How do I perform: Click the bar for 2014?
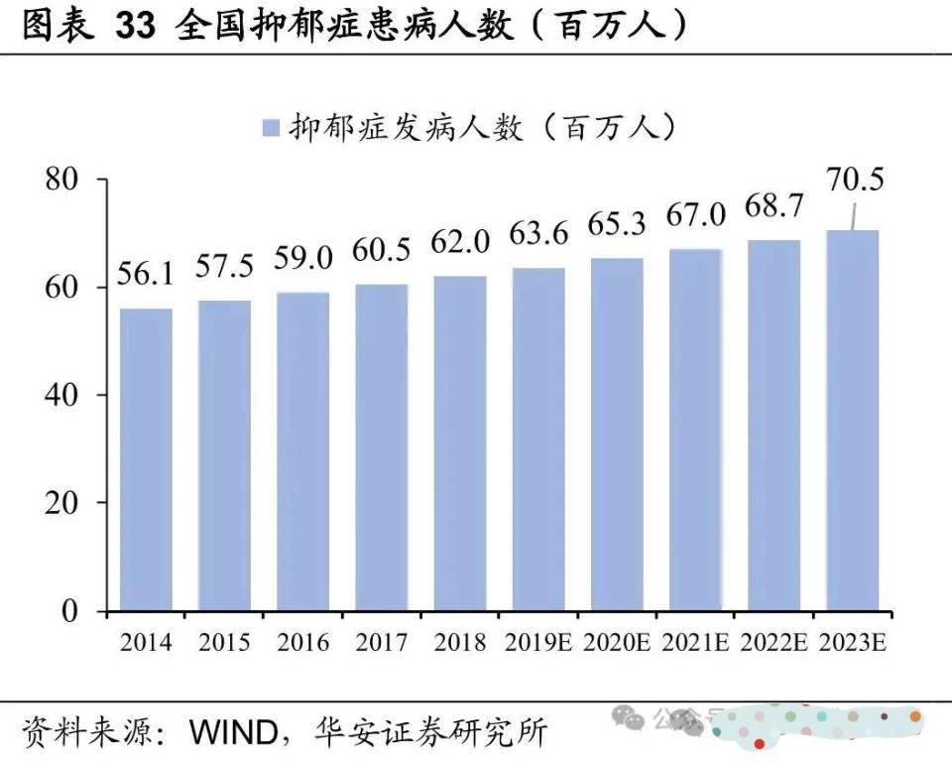click(x=146, y=458)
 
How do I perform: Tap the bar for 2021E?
click(x=696, y=429)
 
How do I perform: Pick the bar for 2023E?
click(x=853, y=420)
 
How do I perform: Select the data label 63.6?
click(x=538, y=235)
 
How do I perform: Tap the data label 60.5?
click(x=382, y=251)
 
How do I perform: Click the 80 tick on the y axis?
click(x=61, y=180)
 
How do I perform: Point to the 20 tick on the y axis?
click(x=61, y=503)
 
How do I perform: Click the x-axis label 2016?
click(x=303, y=642)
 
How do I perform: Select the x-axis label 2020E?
click(x=617, y=642)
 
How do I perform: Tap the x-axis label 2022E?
click(x=773, y=642)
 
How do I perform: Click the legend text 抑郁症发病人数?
click(x=407, y=127)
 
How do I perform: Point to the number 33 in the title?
click(x=135, y=26)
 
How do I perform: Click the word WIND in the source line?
click(x=235, y=733)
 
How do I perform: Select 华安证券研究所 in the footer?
click(x=429, y=733)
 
